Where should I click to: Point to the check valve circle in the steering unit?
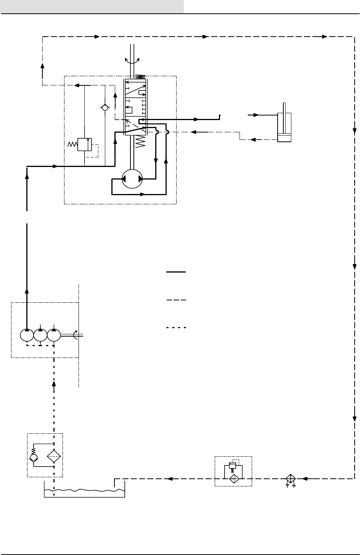coord(105,108)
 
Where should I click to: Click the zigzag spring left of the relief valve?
coord(72,145)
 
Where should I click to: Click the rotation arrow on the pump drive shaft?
coord(76,335)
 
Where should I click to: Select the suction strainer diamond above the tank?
coord(54,456)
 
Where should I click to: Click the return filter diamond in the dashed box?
coord(233,478)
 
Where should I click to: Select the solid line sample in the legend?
coord(176,272)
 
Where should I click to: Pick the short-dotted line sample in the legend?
coord(176,327)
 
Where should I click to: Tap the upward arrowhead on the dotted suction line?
coord(54,382)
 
